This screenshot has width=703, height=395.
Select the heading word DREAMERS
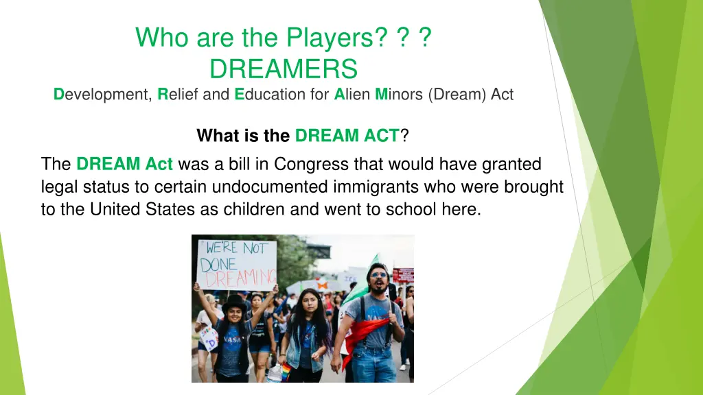[284, 69]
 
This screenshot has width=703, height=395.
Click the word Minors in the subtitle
[400, 95]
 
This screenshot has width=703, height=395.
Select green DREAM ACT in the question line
[347, 136]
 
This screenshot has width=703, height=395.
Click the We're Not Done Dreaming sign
[237, 265]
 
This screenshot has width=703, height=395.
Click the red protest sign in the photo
[404, 274]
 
